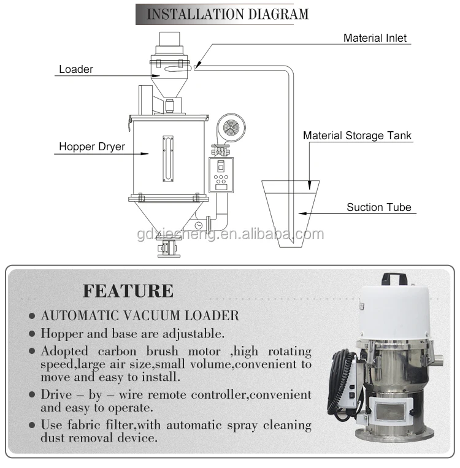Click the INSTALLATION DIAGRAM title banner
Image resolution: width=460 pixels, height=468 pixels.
[222, 13]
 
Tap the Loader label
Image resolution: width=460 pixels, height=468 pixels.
[76, 69]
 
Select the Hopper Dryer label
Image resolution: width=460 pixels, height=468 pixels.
[92, 147]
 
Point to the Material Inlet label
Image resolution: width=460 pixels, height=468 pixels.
[375, 38]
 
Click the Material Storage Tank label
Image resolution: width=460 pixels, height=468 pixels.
[358, 136]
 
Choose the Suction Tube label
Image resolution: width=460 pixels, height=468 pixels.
[379, 207]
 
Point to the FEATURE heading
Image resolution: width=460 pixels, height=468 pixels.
[128, 290]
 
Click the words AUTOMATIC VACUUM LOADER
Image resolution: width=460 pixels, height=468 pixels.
[140, 316]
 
